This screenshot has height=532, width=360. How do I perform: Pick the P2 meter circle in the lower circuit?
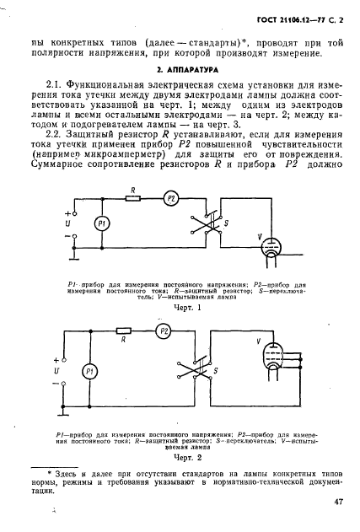coord(164,332)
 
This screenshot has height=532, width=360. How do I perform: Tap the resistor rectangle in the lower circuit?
coord(126,332)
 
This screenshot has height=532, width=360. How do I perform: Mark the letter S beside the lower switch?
coord(218,371)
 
